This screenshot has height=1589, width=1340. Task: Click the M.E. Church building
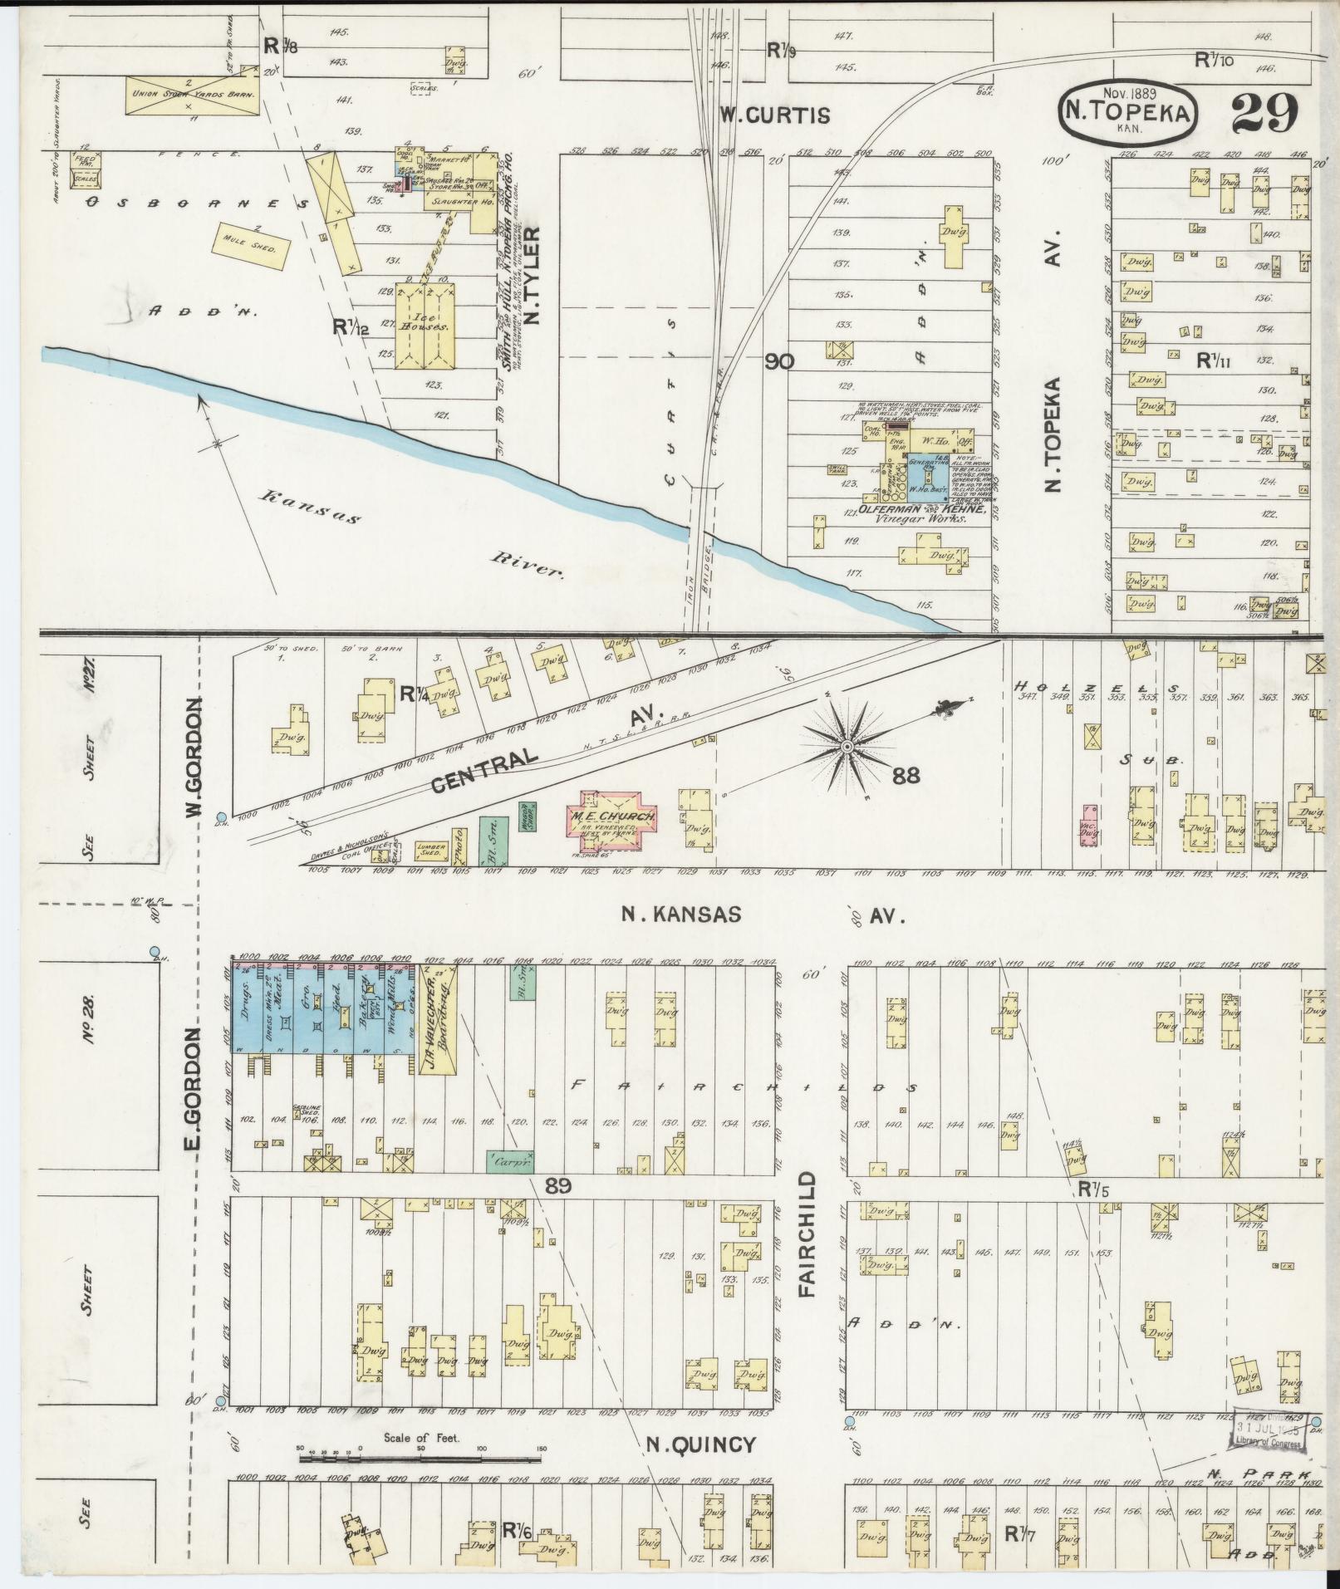(613, 817)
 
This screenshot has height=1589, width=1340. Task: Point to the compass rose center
(847, 748)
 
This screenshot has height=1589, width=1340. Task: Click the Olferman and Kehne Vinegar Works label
(916, 512)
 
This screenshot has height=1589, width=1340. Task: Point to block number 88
(907, 775)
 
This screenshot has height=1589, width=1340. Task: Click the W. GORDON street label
(193, 758)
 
